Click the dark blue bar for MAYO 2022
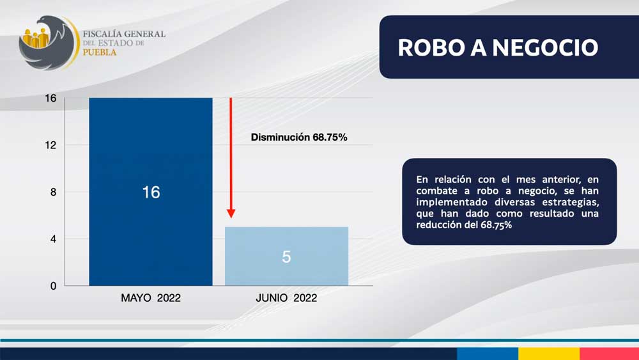pos(151,192)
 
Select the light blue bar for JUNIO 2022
pos(286,256)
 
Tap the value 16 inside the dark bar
pos(151,192)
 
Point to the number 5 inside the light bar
pos(286,256)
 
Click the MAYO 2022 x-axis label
pos(151,298)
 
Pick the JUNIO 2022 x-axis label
pos(286,298)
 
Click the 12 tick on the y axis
pos(50,145)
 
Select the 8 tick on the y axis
pos(54,192)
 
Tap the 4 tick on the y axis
pos(54,239)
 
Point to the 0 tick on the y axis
pos(54,286)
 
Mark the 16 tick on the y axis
pos(50,98)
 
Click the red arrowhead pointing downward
pos(231,213)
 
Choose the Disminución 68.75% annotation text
pos(299,137)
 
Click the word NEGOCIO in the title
pos(545,48)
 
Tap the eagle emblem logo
pos(48,43)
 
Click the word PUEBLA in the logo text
pos(100,52)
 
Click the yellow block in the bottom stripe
pos(549,354)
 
